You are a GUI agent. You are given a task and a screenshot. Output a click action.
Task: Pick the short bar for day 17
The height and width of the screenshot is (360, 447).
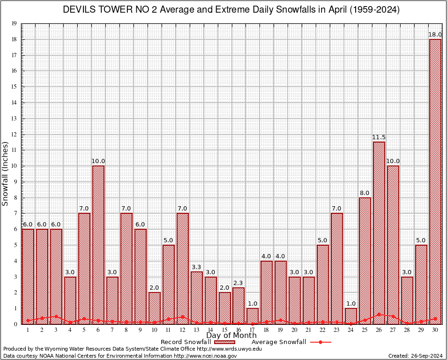pos(253,316)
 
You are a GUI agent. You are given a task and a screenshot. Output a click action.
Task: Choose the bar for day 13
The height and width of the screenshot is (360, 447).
pos(197,298)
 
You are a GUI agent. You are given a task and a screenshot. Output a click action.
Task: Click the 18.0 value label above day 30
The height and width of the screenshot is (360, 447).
pos(435,35)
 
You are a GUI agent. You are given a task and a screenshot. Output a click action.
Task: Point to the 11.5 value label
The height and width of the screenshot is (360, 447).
pos(379,137)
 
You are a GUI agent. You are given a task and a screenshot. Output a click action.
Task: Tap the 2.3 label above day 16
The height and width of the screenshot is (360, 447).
pos(238,283)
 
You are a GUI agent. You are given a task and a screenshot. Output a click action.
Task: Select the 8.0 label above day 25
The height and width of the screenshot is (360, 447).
pos(365,193)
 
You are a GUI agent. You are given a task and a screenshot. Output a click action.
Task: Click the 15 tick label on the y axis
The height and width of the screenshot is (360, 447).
pos(14,87)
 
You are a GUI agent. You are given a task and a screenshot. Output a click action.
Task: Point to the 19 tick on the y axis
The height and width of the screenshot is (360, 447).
pos(14,23)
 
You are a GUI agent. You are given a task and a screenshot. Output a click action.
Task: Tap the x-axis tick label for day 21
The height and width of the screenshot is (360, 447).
pos(309,330)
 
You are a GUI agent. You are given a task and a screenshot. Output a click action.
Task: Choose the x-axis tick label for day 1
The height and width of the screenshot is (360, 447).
pos(28,330)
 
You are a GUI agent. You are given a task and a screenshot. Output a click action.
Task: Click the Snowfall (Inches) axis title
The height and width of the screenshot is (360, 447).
pos(5,174)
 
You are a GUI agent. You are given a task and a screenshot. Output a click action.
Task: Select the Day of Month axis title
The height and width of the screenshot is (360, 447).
pos(231,335)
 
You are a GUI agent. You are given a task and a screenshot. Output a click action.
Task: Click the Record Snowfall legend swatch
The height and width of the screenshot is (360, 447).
pos(224,342)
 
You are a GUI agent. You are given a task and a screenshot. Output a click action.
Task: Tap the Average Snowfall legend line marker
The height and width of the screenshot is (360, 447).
pos(320,342)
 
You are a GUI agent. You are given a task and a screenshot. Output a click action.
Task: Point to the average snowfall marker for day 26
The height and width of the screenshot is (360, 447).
pos(379,315)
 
